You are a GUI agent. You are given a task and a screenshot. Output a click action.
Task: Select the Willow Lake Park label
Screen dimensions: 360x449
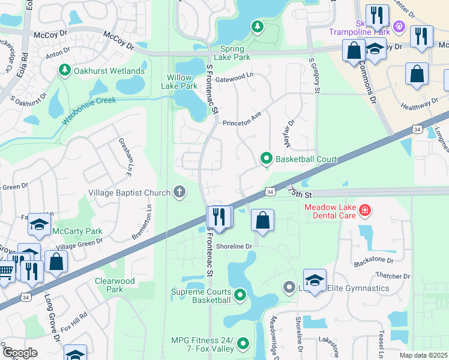(179, 82)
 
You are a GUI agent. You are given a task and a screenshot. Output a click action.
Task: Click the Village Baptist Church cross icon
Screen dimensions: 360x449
(178, 193)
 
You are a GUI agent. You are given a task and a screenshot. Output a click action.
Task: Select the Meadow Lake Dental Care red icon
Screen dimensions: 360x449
(365, 211)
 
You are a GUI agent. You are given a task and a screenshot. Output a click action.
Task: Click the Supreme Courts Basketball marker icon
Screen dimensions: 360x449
(240, 294)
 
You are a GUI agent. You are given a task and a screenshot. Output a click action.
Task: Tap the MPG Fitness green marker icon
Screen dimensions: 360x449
(243, 344)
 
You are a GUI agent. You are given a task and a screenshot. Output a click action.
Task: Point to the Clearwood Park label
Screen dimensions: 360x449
(115, 285)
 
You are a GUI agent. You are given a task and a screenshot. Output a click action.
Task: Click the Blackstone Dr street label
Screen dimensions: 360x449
(373, 261)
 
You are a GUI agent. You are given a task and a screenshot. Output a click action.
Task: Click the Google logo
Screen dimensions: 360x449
(19, 353)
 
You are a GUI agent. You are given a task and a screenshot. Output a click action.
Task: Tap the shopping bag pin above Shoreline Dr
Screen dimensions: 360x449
(262, 220)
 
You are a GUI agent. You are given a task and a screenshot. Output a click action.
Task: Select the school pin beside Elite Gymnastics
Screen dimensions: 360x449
(315, 280)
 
